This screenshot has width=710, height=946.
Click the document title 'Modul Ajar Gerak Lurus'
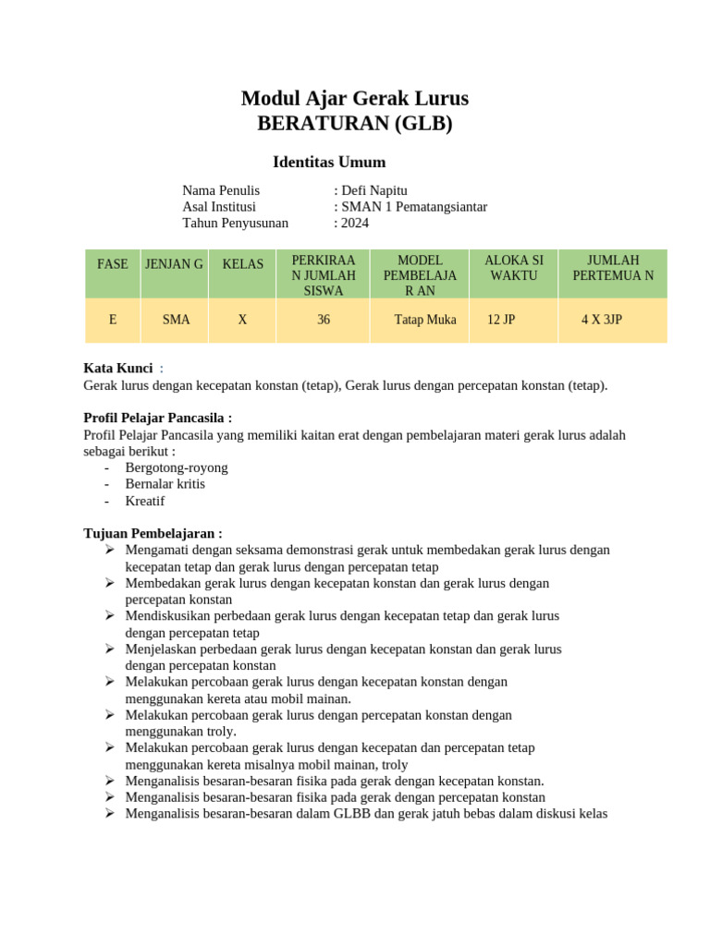(355, 98)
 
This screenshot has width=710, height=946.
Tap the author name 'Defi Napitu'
(373, 190)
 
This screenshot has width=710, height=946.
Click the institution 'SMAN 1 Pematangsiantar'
(413, 207)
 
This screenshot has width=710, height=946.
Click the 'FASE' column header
(113, 264)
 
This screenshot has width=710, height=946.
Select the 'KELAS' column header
(242, 264)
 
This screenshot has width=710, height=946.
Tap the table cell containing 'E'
(113, 320)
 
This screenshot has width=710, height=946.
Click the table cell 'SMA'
(176, 320)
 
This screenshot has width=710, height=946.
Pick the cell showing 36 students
(324, 320)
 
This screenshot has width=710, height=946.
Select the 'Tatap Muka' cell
(425, 320)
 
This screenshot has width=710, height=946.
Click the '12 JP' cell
(501, 320)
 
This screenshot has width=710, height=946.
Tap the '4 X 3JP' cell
(601, 320)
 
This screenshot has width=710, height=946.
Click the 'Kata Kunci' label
(118, 369)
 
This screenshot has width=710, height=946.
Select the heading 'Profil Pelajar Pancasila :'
(158, 418)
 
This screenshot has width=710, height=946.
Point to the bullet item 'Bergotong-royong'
(176, 467)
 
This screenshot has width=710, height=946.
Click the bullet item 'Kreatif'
(145, 501)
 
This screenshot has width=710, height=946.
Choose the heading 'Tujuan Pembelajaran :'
(153, 533)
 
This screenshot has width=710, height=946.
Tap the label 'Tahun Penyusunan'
(235, 223)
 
